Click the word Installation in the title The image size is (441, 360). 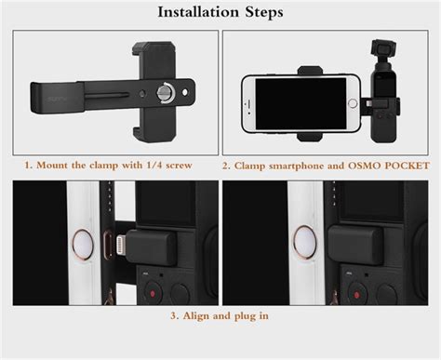[198, 12]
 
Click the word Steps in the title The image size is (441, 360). [264, 12]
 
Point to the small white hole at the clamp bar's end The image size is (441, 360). [185, 92]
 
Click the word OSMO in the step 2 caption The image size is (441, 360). [365, 166]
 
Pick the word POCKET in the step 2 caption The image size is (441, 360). [407, 166]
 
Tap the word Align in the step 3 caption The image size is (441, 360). [195, 316]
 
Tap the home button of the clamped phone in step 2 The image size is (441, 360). [353, 103]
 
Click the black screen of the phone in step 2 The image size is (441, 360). [301, 103]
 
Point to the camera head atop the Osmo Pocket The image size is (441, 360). [384, 48]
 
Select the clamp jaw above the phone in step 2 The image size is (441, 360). [311, 71]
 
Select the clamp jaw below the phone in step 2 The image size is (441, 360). [311, 137]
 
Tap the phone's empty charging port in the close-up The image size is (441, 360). [107, 246]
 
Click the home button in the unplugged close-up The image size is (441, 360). [83, 246]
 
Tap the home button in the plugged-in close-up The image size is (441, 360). [305, 243]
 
